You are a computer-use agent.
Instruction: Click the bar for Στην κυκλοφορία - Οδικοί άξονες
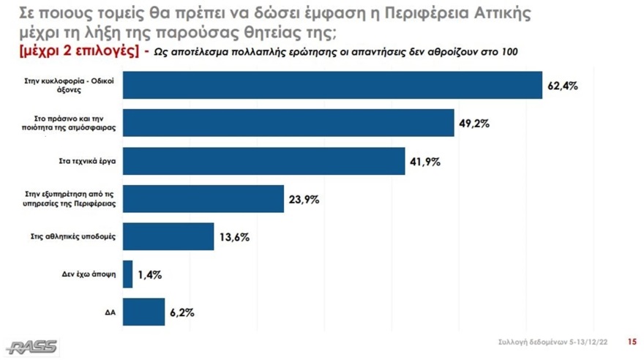(332, 85)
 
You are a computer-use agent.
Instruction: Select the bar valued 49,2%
(288, 123)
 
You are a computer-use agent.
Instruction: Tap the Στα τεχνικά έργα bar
(263, 161)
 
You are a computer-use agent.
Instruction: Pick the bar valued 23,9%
(203, 199)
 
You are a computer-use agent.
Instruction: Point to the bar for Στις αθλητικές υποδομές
(168, 236)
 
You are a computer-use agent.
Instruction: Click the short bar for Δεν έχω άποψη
(128, 274)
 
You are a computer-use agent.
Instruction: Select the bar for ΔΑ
(143, 312)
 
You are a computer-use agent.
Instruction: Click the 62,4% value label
(563, 86)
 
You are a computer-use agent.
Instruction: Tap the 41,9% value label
(425, 162)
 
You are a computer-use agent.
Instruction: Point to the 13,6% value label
(235, 237)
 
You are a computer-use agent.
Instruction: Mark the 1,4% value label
(150, 275)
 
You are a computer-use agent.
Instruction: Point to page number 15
(632, 342)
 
